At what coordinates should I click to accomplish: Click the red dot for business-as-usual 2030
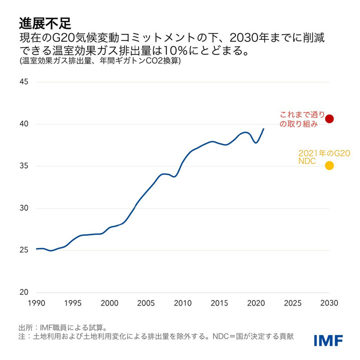pyautogui.click(x=329, y=118)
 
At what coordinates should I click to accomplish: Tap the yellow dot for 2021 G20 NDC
pyautogui.click(x=329, y=165)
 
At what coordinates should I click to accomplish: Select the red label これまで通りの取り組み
pyautogui.click(x=299, y=119)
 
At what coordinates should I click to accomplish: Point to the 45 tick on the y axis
pyautogui.click(x=24, y=82)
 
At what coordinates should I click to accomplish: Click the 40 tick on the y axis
pyautogui.click(x=24, y=124)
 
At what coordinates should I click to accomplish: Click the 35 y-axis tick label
pyautogui.click(x=24, y=166)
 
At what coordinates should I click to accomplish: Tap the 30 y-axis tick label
pyautogui.click(x=24, y=208)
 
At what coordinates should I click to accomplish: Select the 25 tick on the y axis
pyautogui.click(x=24, y=250)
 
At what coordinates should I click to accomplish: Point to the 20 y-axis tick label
pyautogui.click(x=24, y=292)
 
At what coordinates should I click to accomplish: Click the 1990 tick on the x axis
pyautogui.click(x=36, y=303)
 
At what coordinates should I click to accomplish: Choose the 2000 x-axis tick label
pyautogui.click(x=109, y=303)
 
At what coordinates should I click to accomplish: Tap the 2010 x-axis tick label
pyautogui.click(x=183, y=303)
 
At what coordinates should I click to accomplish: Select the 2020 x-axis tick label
pyautogui.click(x=256, y=303)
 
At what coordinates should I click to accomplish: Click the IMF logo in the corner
pyautogui.click(x=328, y=340)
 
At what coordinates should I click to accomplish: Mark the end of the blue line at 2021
pyautogui.click(x=264, y=129)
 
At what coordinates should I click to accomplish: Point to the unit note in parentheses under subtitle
pyautogui.click(x=100, y=62)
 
